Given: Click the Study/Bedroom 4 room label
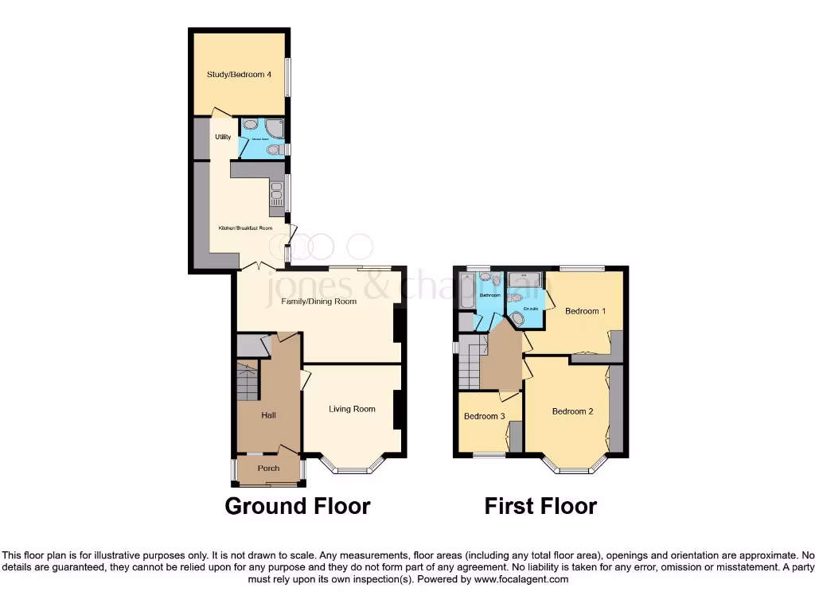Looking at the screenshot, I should (x=240, y=75).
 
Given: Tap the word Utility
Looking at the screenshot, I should (x=222, y=138).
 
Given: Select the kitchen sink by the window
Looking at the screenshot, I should (x=276, y=193).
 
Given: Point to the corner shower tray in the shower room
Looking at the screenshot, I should (x=275, y=127).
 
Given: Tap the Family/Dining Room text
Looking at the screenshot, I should (x=318, y=302).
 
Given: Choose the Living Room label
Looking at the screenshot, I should (x=352, y=409).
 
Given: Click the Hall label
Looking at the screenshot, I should (x=269, y=414).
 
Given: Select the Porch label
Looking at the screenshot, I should (x=268, y=469).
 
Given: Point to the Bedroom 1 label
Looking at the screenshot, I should (x=585, y=311).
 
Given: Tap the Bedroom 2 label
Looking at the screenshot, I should (x=572, y=411).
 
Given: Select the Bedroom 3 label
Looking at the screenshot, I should (x=484, y=416).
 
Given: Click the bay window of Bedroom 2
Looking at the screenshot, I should (x=575, y=468).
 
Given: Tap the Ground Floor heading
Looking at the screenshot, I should (x=297, y=506).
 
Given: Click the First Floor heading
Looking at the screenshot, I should (x=540, y=506).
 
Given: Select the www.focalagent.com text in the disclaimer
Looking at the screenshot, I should (x=521, y=579).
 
